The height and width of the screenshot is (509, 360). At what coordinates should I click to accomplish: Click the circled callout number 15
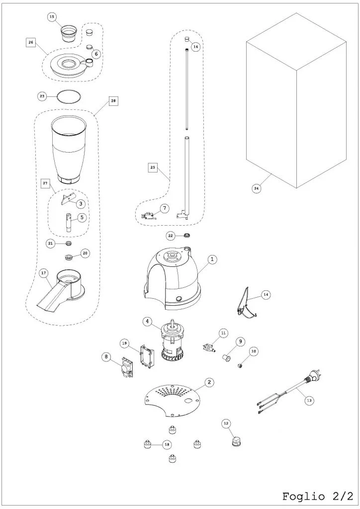pyautogui.click(x=52, y=17)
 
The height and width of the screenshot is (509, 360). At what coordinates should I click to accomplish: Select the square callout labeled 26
pyautogui.click(x=31, y=43)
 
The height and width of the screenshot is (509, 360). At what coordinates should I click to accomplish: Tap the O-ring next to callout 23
pyautogui.click(x=68, y=96)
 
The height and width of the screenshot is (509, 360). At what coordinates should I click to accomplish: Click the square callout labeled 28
pyautogui.click(x=113, y=101)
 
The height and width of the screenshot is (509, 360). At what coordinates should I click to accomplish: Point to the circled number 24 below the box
pyautogui.click(x=257, y=188)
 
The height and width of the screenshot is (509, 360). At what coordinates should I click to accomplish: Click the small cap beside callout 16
pyautogui.click(x=186, y=40)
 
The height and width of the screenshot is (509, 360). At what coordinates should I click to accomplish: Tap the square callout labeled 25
pyautogui.click(x=153, y=168)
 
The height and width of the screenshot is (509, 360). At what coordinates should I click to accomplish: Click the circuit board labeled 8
pyautogui.click(x=127, y=368)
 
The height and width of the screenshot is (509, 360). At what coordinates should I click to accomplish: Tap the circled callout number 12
pyautogui.click(x=226, y=424)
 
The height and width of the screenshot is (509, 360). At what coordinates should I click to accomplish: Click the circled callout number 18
pyautogui.click(x=167, y=445)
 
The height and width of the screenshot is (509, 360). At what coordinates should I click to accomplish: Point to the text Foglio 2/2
pyautogui.click(x=317, y=497)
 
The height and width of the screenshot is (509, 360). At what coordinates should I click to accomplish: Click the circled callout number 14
pyautogui.click(x=266, y=294)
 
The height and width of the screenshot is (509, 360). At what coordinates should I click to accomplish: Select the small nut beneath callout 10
pyautogui.click(x=241, y=366)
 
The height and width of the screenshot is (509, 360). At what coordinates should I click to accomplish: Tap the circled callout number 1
pyautogui.click(x=212, y=259)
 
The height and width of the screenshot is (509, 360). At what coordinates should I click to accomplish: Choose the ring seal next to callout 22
pyautogui.click(x=187, y=235)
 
